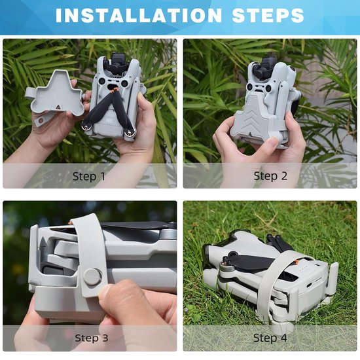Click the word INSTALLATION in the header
coord(139,16)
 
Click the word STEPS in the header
coord(268,16)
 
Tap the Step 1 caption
coord(89,176)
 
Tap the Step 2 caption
coord(270,176)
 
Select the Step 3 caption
coord(92,338)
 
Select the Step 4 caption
coord(270,338)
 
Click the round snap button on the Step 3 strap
coord(92,277)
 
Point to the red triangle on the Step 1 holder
coord(58,107)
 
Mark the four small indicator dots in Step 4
coord(303,268)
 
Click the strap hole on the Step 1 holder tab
coord(41,120)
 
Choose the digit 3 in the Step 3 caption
coord(105,338)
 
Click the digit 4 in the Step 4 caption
coord(283,338)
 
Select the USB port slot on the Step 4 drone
coord(310,285)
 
